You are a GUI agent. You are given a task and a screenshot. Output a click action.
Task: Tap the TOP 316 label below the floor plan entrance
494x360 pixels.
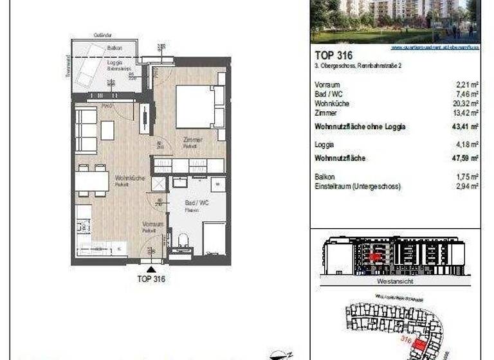click(x=152, y=279)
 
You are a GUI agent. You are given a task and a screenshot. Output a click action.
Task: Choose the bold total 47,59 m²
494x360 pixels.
click(x=465, y=157)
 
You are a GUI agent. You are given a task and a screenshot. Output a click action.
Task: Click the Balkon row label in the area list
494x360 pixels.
click(x=325, y=176)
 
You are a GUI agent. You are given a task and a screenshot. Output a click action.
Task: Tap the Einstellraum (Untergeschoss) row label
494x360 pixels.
click(x=358, y=186)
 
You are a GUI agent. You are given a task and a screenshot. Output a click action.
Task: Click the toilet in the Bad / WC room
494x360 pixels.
click(x=182, y=242)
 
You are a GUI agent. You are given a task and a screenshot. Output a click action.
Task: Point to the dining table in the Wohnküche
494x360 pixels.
click(x=92, y=181)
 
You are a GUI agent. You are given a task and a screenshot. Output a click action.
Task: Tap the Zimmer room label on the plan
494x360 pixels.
click(x=193, y=139)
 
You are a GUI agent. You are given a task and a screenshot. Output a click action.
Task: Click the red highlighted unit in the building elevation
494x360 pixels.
click(x=374, y=256)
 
